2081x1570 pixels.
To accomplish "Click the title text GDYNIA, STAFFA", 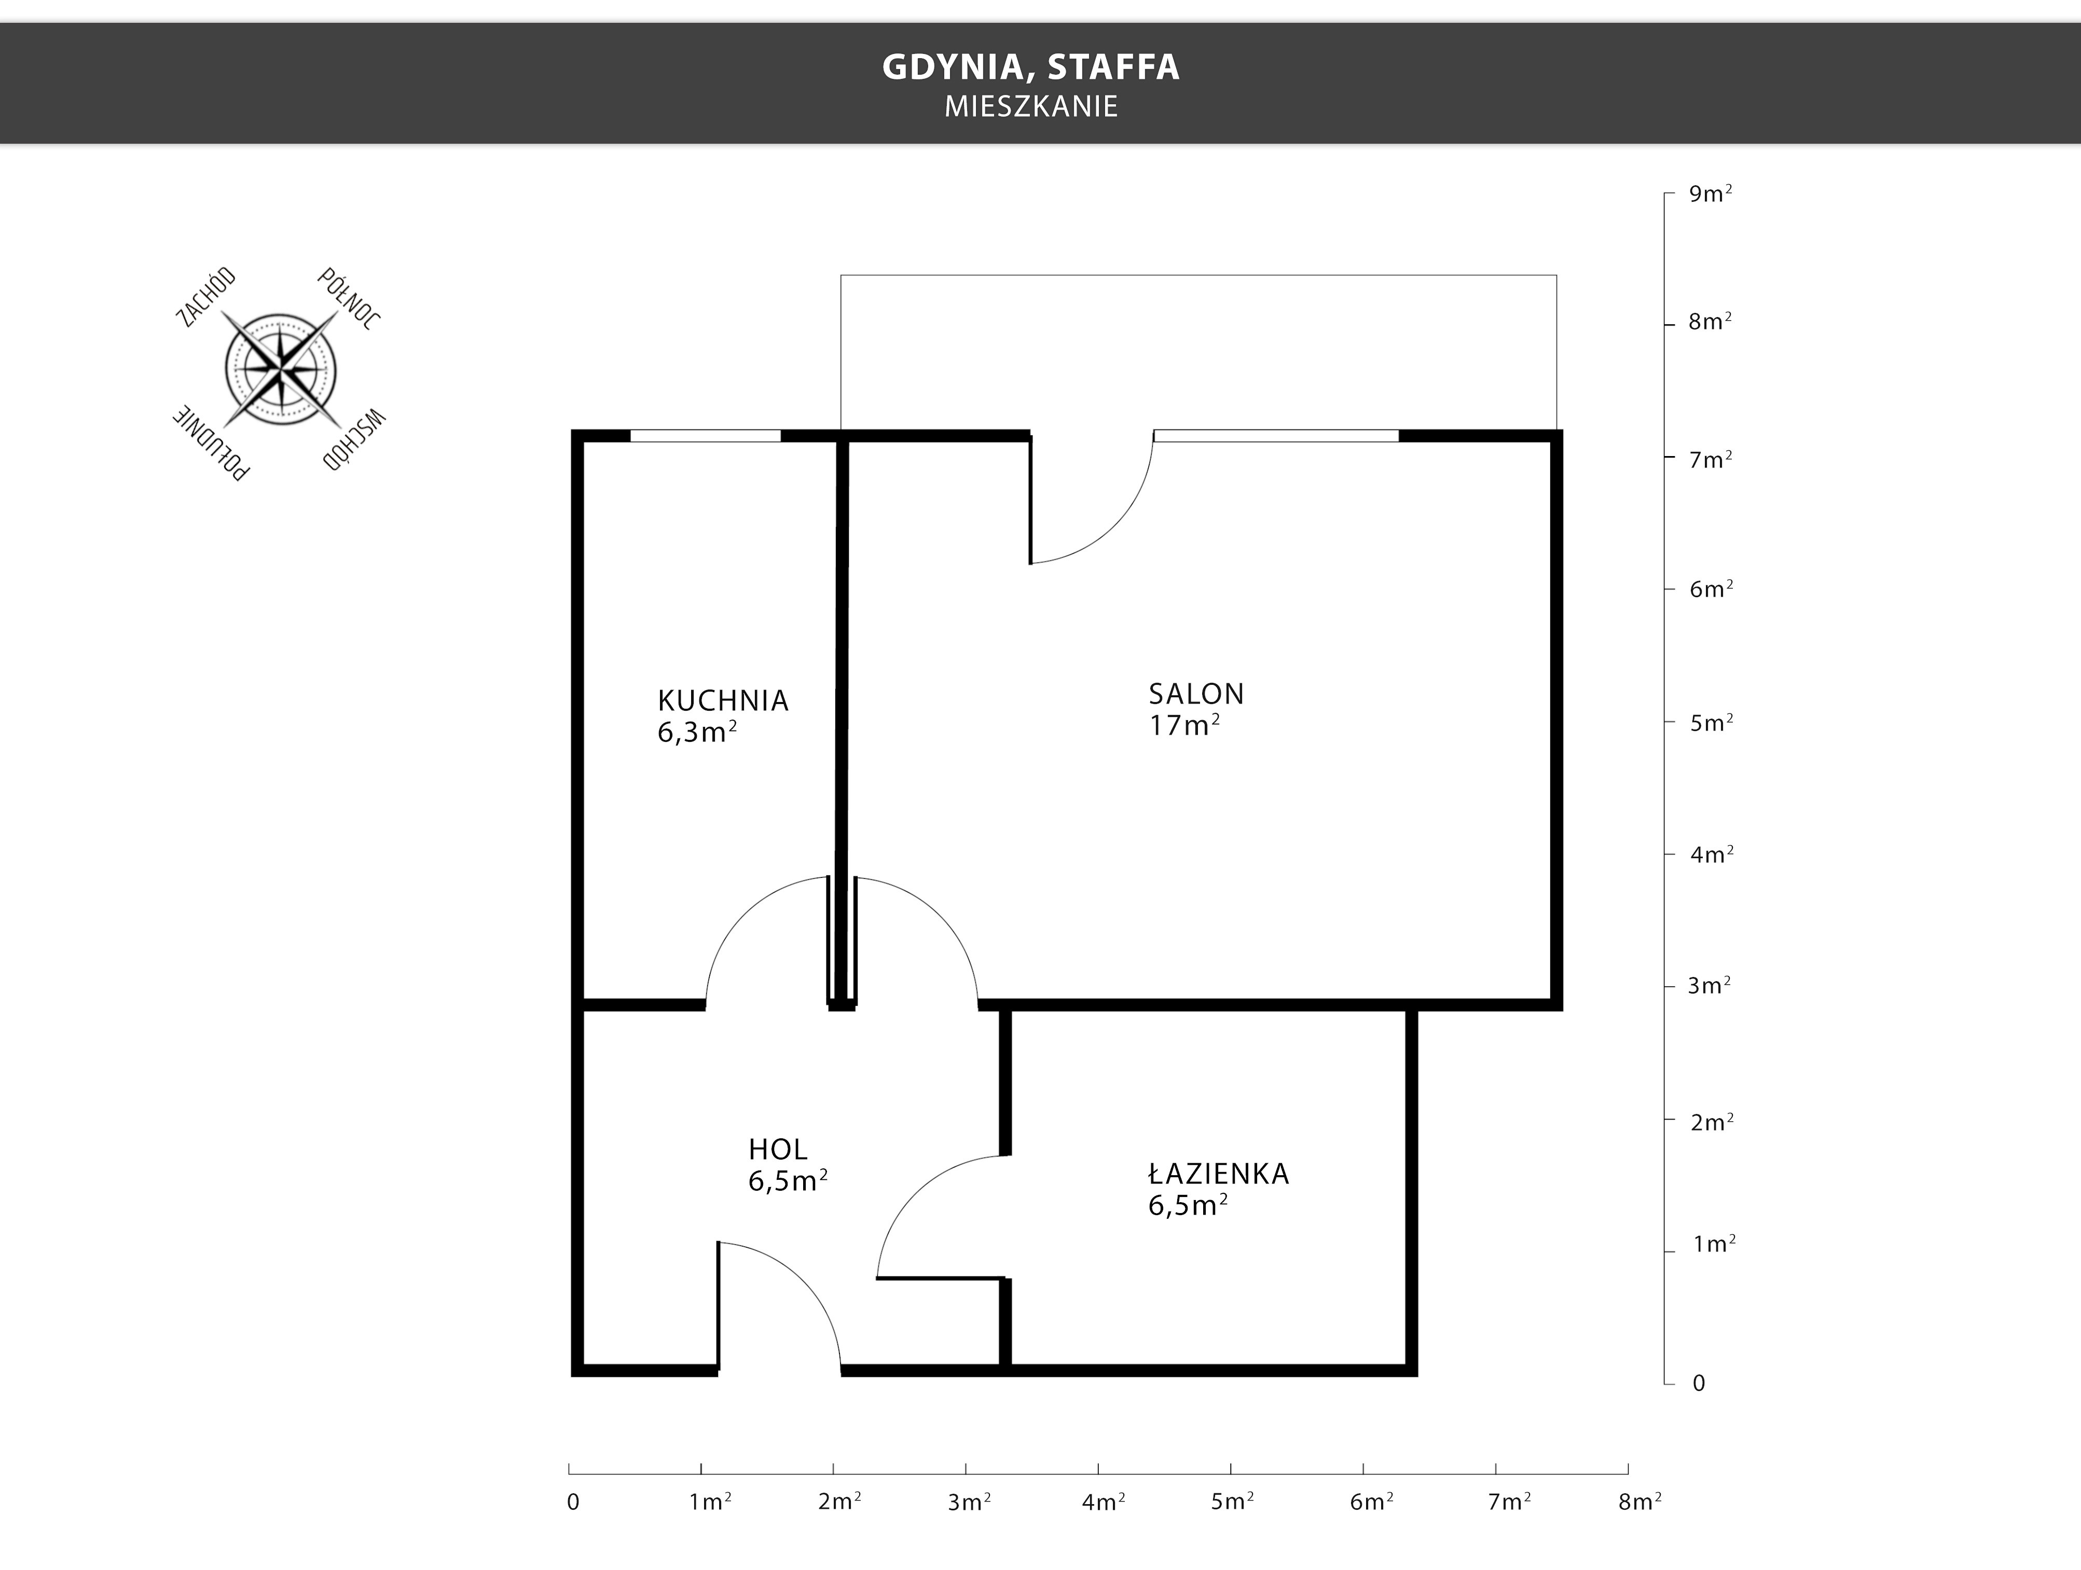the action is tap(1030, 67).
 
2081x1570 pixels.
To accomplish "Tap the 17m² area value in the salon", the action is tap(1184, 724).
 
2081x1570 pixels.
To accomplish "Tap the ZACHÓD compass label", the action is tap(206, 297).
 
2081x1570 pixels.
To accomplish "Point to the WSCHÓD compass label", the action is tap(354, 439).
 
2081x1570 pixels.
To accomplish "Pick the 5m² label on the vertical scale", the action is tap(1711, 722).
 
